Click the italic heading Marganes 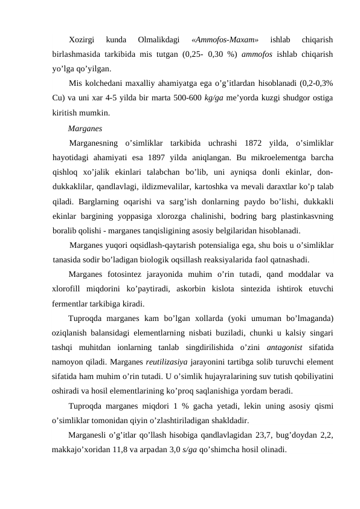point(85,128)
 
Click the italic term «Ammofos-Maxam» point(225,40)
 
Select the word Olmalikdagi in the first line point(158,40)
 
